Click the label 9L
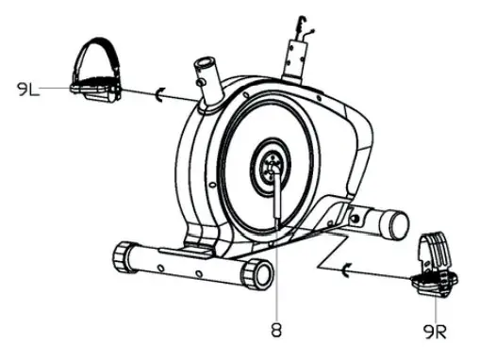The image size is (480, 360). pyautogui.click(x=26, y=90)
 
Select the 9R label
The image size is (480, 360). pyautogui.click(x=435, y=331)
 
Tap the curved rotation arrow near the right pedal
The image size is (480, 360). pyautogui.click(x=345, y=273)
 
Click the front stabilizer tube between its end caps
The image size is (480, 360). pyautogui.click(x=189, y=265)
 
